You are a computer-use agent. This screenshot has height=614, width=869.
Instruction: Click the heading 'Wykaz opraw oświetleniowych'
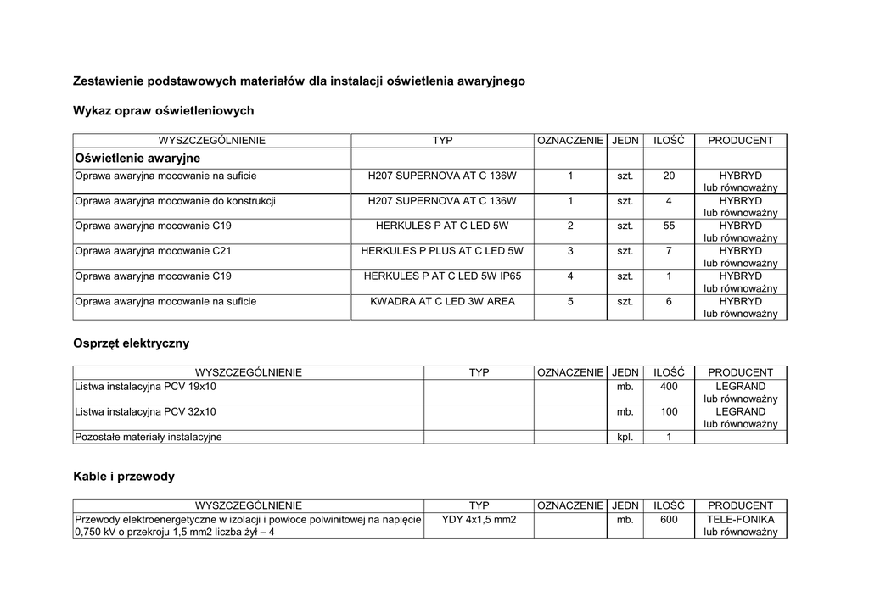(164, 111)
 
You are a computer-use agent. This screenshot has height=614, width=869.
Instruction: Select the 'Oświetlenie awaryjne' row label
(137, 159)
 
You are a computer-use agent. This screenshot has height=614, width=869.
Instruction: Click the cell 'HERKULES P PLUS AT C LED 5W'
(442, 251)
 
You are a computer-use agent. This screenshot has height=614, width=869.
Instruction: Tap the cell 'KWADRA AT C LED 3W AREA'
(442, 301)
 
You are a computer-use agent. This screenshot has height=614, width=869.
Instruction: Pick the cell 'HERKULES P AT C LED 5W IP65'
(442, 276)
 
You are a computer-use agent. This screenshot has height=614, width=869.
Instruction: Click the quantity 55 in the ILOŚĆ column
(669, 226)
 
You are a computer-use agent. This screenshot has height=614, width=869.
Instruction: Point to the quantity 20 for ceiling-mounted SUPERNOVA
(669, 176)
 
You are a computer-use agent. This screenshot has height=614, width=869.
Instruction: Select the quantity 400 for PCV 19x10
(669, 387)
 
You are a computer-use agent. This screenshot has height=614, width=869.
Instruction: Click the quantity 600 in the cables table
(669, 519)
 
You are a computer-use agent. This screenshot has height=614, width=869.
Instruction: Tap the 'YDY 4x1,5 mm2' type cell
(479, 519)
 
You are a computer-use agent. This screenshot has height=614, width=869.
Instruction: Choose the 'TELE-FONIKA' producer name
(740, 519)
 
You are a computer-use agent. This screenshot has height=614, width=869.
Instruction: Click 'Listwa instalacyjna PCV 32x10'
(146, 411)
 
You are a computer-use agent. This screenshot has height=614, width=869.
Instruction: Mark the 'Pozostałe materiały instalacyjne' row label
(149, 437)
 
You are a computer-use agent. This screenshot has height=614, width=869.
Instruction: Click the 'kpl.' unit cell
(625, 437)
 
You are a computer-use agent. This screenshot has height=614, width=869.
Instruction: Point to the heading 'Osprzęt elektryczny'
(132, 343)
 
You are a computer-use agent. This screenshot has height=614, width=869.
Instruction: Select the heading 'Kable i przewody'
(124, 477)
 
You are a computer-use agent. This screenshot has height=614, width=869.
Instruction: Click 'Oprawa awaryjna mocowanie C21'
(153, 251)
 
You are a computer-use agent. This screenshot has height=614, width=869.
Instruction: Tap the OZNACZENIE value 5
(570, 301)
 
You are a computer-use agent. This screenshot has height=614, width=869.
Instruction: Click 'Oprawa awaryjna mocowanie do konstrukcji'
(175, 201)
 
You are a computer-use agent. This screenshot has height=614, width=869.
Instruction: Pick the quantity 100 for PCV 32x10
(669, 411)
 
